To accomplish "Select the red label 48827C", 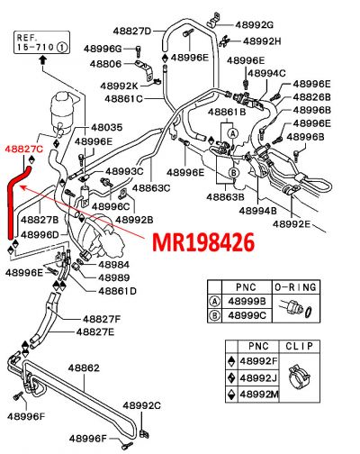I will click(23, 146).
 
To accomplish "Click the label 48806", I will click(104, 64).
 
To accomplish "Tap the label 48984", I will click(113, 265).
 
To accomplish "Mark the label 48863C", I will click(152, 188).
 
